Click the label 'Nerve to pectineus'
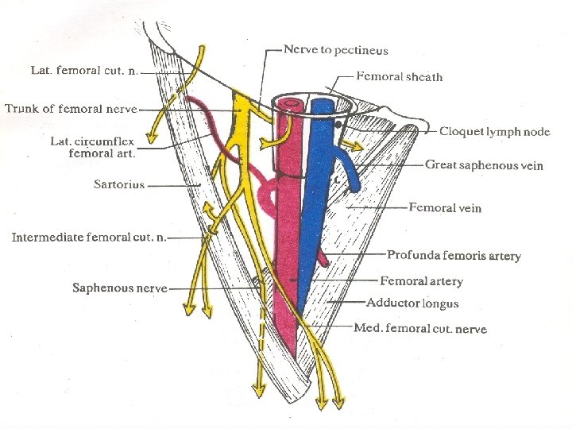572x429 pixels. (337, 50)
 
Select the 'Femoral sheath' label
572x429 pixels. (400, 77)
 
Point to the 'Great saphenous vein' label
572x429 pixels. (484, 165)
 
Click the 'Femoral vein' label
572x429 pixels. (445, 208)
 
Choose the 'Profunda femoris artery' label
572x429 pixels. (454, 256)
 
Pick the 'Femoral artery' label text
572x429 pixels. (421, 280)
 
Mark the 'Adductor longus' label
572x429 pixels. (412, 303)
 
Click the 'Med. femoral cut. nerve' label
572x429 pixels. (420, 328)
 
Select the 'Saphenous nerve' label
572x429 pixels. (120, 288)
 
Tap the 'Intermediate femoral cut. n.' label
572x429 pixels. (88, 238)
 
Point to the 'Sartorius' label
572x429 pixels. (119, 184)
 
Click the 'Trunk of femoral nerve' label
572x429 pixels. (71, 109)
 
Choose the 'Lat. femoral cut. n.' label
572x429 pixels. (84, 70)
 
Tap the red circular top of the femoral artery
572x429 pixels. (291, 105)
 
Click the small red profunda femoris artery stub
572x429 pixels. (323, 256)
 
